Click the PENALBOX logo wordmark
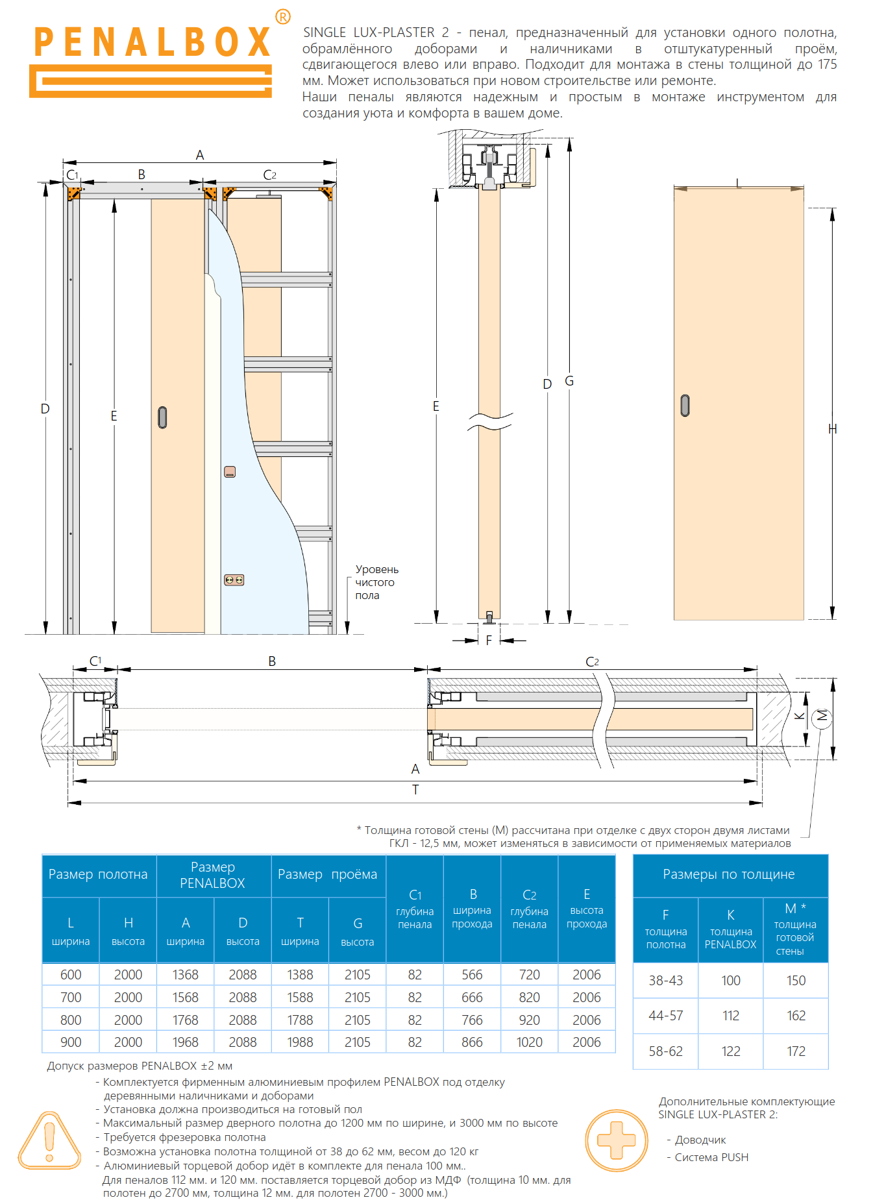152,43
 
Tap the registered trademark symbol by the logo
283,17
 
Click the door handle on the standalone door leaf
685,405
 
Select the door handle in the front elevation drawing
162,417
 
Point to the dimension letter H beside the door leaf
833,429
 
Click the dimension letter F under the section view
489,641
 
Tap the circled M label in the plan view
822,716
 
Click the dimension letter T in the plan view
415,790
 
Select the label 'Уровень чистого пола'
376,582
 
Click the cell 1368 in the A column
186,975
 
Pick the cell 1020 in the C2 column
529,1042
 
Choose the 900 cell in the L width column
71,1042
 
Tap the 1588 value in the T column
300,998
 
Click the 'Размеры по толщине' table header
729,875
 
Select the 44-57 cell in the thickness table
665,1016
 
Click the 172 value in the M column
796,1051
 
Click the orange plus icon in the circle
616,1140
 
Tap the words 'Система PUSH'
711,1157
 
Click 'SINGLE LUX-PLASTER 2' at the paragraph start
376,32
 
